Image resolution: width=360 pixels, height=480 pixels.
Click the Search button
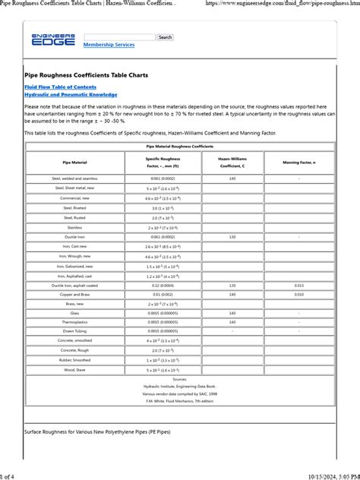(165, 37)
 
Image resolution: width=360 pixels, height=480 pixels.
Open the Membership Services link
(109, 45)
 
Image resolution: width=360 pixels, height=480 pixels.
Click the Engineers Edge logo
(53, 39)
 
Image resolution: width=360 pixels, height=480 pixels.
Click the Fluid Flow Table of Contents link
(60, 87)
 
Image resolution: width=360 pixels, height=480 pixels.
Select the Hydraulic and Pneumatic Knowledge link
(71, 95)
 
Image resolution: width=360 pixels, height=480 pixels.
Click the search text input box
(119, 37)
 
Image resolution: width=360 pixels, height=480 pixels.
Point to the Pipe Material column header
(74, 162)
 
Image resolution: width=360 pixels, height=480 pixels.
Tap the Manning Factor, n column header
(299, 162)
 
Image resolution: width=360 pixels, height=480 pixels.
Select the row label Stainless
(74, 227)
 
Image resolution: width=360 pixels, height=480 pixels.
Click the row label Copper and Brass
(74, 293)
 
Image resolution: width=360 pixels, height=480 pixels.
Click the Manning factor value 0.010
(299, 293)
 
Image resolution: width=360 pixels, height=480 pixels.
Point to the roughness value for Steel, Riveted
(163, 207)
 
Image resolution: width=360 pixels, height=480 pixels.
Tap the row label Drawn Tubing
(74, 332)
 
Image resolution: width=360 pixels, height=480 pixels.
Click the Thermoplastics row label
(74, 322)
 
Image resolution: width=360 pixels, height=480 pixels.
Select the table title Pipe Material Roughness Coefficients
(179, 146)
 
